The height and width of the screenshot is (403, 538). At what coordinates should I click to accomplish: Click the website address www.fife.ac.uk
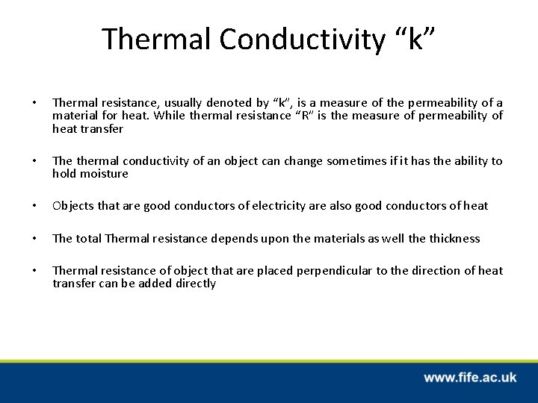(469, 378)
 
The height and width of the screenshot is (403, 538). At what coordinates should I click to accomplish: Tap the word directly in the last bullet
(192, 283)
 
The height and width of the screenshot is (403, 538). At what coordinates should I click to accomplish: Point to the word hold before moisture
(64, 173)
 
